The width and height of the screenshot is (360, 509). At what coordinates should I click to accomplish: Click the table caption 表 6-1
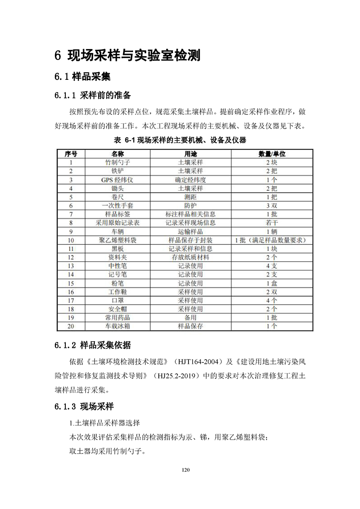[x=181, y=140]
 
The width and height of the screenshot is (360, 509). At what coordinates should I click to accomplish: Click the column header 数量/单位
[x=271, y=154]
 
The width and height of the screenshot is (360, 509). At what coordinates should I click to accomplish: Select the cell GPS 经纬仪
[x=117, y=180]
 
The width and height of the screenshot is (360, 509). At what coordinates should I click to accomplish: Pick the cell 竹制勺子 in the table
[x=117, y=162]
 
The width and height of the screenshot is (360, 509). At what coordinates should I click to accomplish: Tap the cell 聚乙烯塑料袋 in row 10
[x=117, y=240]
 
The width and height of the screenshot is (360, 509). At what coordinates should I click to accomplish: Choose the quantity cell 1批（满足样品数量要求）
[x=271, y=240]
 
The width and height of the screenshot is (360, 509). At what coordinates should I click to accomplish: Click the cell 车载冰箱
[x=117, y=326]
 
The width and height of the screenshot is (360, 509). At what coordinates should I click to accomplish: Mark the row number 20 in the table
[x=70, y=326]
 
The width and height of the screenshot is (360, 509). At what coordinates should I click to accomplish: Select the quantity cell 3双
[x=271, y=206]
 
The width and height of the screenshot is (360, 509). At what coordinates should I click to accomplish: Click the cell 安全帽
[x=117, y=309]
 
